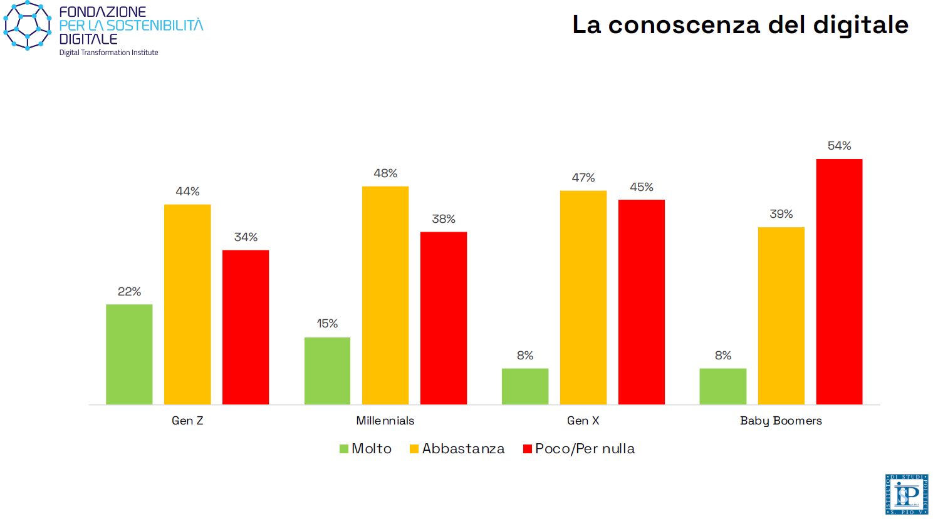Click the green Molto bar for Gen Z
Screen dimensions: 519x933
[129, 354]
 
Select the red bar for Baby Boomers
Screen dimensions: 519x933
[839, 282]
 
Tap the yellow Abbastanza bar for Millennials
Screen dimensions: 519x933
[385, 295]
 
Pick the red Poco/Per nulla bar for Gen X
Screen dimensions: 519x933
[641, 302]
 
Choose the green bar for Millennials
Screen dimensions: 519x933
[327, 371]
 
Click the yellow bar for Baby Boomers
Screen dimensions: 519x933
[781, 316]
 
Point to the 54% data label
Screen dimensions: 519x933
[839, 146]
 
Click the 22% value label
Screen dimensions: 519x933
[129, 292]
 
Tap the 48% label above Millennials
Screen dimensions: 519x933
[385, 173]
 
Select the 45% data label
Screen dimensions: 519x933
[641, 187]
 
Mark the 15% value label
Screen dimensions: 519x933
[327, 324]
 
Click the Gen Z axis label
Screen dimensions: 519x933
[187, 421]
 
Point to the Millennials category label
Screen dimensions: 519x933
[385, 421]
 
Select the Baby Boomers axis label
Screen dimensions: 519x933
[781, 421]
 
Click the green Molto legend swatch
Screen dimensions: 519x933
[343, 449]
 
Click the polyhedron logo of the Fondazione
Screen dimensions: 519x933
[27, 26]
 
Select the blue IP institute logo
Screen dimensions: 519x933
[906, 494]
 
